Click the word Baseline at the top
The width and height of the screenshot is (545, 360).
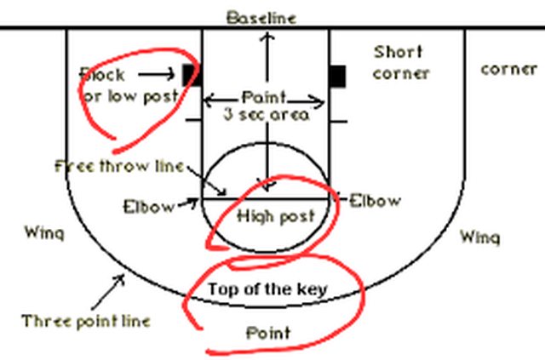pos(261,17)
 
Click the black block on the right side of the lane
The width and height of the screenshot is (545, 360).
pos(338,76)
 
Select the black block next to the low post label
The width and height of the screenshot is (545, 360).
pos(190,75)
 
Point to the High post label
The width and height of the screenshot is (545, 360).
pos(275,216)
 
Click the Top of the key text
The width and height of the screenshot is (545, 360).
pos(267,289)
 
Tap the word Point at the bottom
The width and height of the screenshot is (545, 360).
pos(267,332)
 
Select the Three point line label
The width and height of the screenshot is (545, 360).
pos(86,321)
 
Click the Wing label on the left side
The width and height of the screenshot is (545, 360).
pos(43,231)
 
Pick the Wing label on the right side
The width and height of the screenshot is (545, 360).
pos(479,237)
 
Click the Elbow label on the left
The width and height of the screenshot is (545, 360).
pos(148,205)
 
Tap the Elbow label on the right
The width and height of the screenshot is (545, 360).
pos(375,201)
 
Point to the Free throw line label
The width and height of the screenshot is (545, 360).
pos(119,166)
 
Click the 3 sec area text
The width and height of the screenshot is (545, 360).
pos(266,114)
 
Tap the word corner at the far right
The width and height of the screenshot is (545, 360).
pos(508,68)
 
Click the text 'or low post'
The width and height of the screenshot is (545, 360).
pos(129,96)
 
